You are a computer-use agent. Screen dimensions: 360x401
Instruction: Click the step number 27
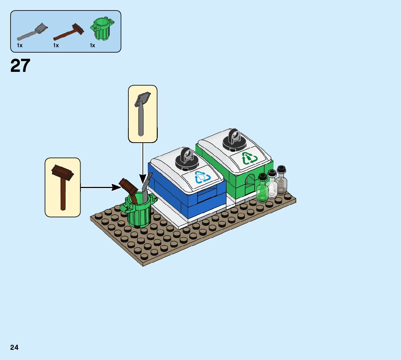click(20, 66)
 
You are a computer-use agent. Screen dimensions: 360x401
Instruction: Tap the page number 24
click(15, 347)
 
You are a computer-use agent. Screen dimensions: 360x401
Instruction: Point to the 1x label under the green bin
click(92, 45)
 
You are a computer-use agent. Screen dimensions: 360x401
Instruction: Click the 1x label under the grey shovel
click(20, 45)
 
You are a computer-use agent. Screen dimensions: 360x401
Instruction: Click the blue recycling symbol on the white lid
click(202, 177)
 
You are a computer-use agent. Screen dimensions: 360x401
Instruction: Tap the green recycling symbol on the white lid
click(249, 158)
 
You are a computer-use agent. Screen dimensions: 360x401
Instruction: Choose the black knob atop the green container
click(234, 140)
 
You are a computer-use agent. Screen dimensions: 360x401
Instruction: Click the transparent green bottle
click(262, 189)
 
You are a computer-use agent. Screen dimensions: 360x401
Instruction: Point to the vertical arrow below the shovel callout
click(143, 160)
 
